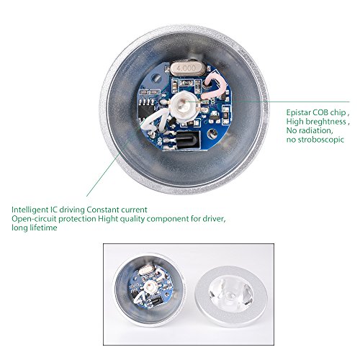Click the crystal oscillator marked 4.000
[x=188, y=68]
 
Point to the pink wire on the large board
[x=215, y=86]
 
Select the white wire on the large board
[x=156, y=122]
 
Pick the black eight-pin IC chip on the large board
[x=146, y=109]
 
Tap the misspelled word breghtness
[x=326, y=122]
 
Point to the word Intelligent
[x=30, y=210]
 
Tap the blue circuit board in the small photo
[x=150, y=288]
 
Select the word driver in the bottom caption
[x=214, y=219]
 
